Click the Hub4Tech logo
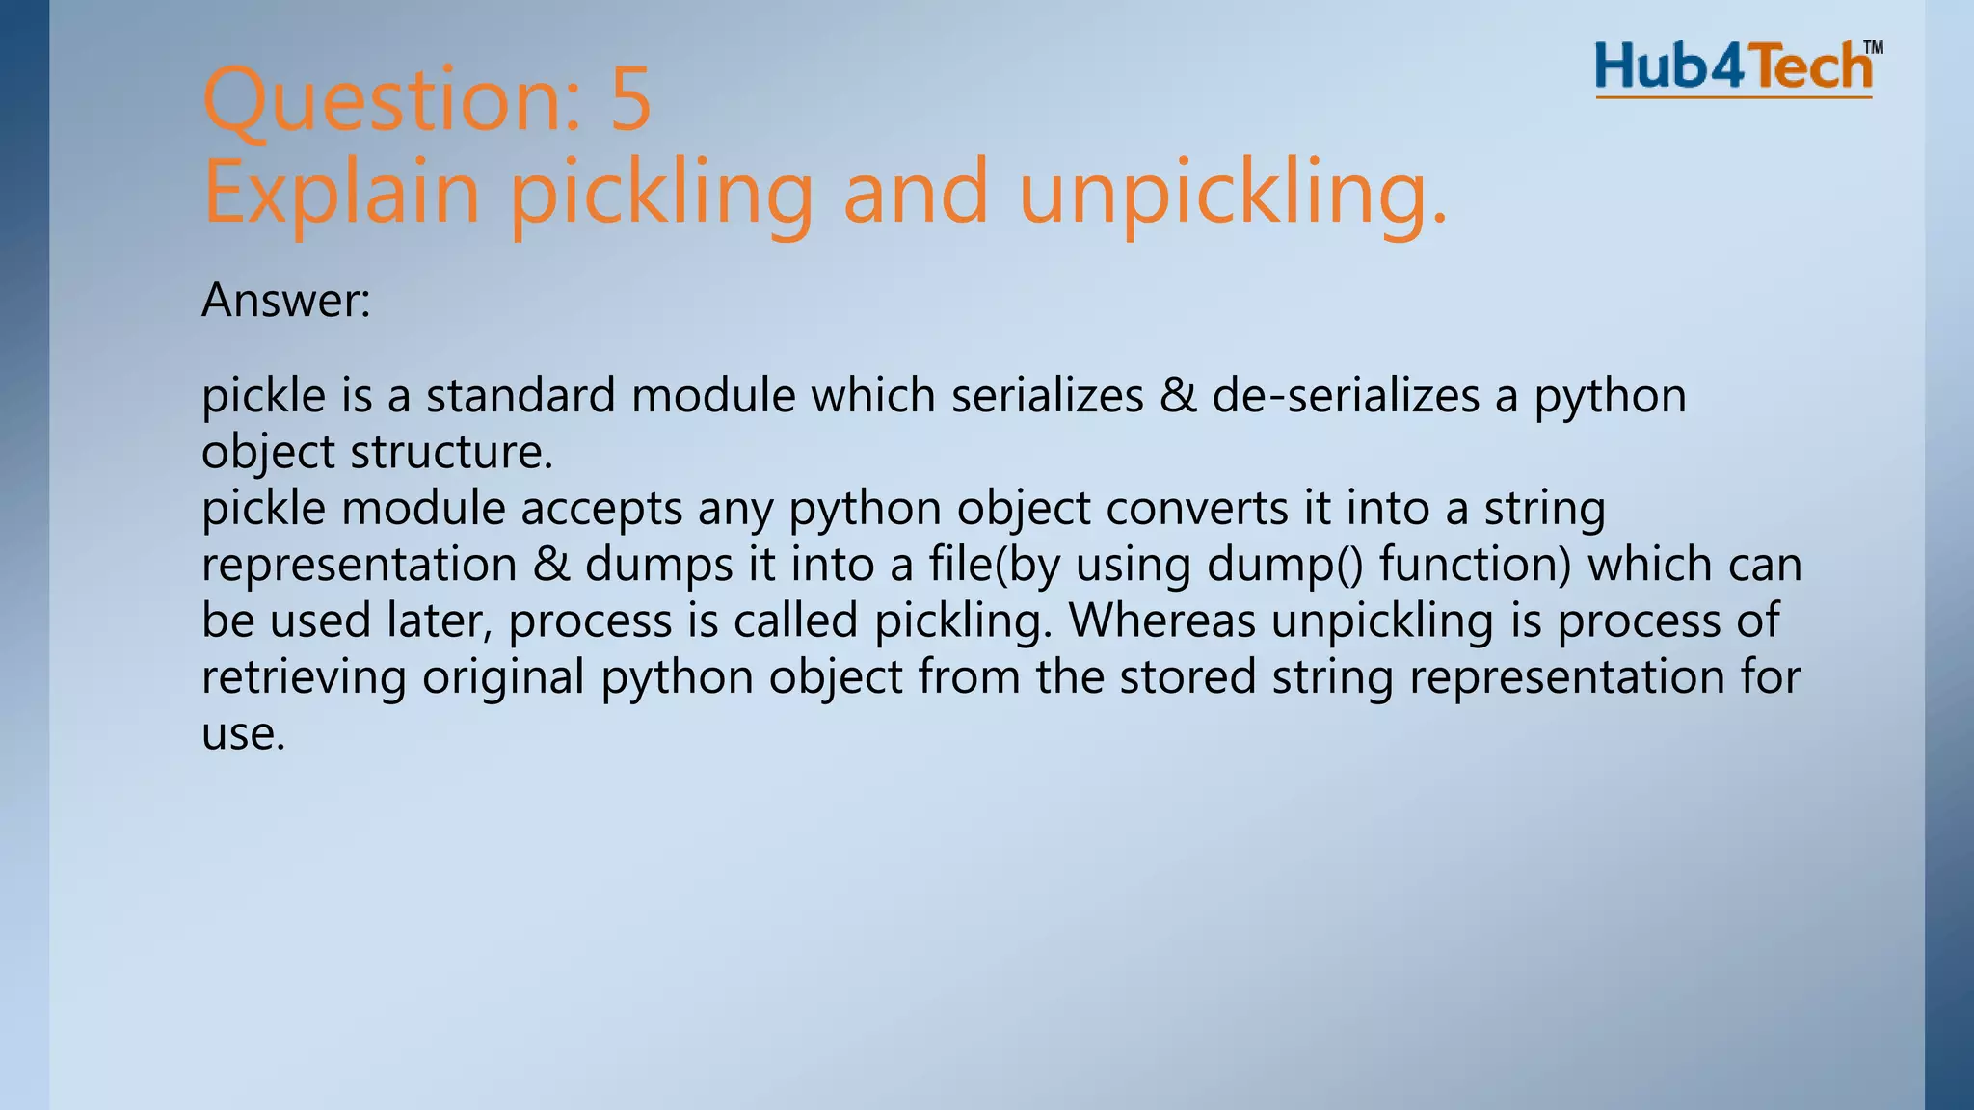(1733, 68)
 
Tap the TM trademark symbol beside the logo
(1873, 47)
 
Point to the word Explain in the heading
(341, 192)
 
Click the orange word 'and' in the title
(916, 192)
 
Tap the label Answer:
(286, 301)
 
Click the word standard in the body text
(520, 396)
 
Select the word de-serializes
(1346, 396)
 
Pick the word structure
(451, 452)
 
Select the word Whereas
(1162, 621)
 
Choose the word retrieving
(304, 676)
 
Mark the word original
(503, 676)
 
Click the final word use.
(243, 733)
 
